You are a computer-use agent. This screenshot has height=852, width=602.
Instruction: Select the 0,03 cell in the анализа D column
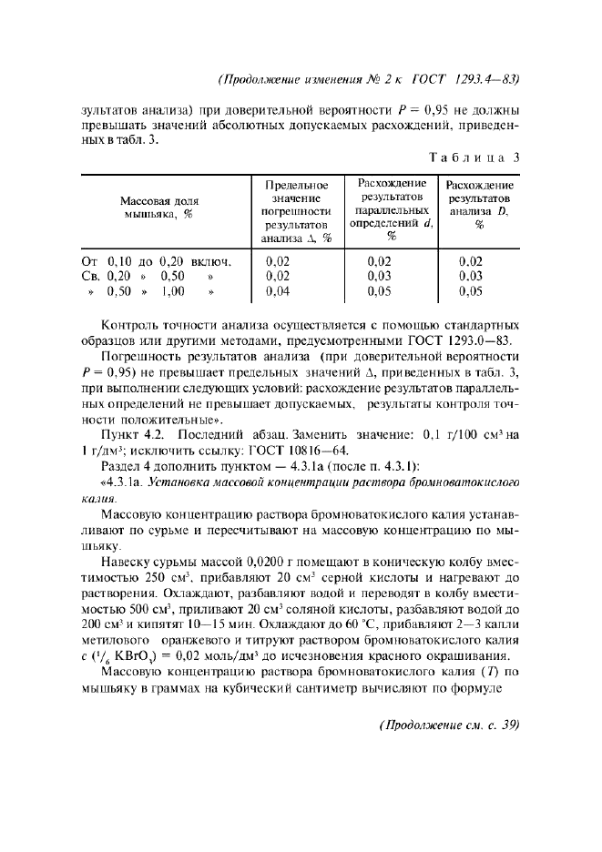470,276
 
